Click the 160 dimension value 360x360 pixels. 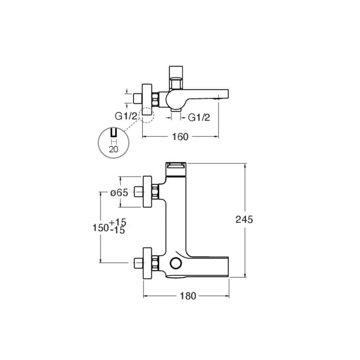coord(180,137)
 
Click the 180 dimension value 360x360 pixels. coord(188,296)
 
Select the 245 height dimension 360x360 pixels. coord(244,220)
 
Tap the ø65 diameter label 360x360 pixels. coord(119,193)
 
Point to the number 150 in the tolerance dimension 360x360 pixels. coord(100,228)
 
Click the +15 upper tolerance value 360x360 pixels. coord(118,222)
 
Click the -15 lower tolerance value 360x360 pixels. coord(117,230)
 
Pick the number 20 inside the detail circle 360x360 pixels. coord(113,149)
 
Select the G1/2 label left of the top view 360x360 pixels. coord(126,117)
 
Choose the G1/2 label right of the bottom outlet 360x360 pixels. coord(199,117)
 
